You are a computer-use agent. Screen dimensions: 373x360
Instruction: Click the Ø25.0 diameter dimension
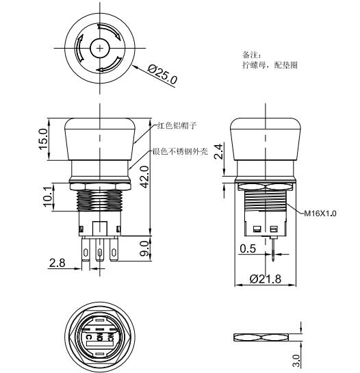163,73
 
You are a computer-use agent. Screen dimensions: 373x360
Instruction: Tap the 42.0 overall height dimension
144,176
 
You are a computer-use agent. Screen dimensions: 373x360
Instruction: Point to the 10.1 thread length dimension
47,197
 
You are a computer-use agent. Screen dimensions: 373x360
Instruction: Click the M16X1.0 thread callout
321,213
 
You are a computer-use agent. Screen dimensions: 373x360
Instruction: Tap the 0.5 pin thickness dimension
248,250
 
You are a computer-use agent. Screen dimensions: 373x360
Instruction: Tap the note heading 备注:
252,54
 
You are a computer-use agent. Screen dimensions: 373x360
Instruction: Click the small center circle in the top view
100,49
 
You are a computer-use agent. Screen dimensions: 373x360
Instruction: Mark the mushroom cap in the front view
100,140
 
